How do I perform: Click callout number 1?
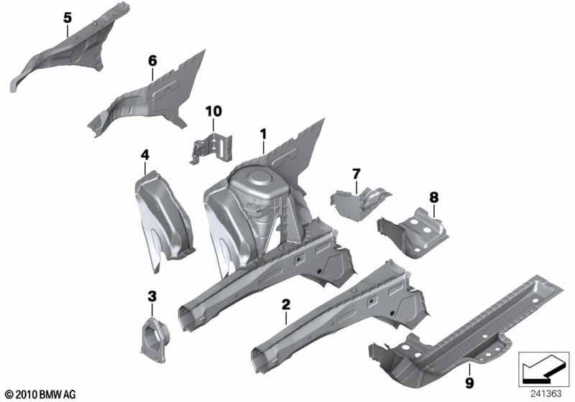[263, 134]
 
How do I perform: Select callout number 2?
[286, 305]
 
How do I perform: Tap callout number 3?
[152, 296]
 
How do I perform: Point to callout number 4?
[144, 154]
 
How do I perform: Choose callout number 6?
[152, 61]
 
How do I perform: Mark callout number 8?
[433, 197]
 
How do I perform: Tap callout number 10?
[214, 111]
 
